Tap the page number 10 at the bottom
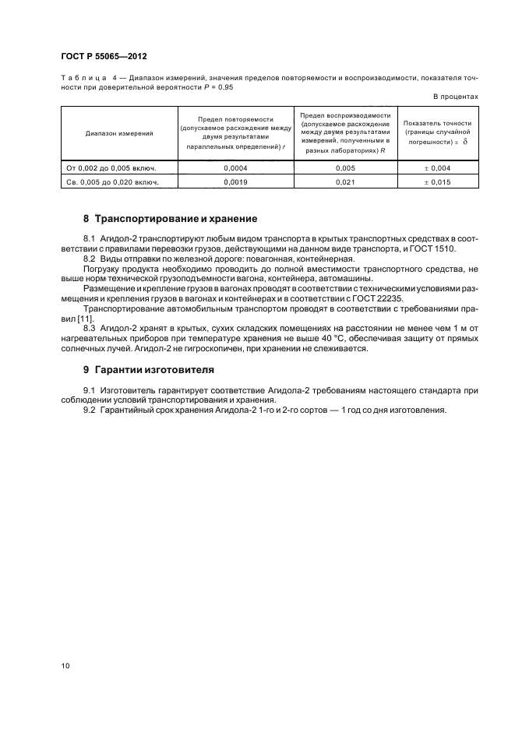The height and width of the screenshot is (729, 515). (x=65, y=666)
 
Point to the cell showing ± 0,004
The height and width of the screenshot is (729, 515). (x=438, y=167)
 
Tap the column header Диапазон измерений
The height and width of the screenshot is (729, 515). (x=119, y=133)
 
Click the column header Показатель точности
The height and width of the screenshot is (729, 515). (x=437, y=124)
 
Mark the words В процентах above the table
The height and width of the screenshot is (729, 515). (x=455, y=96)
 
